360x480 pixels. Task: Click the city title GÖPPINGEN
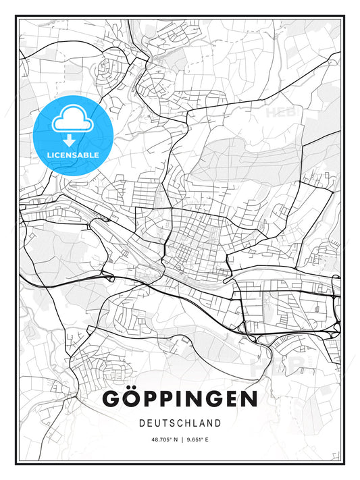(180, 399)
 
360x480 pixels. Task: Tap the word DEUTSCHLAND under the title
(180, 423)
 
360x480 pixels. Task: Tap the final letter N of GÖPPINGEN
(248, 399)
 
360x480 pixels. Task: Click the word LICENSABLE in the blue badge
(72, 155)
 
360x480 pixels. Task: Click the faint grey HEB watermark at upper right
(283, 113)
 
